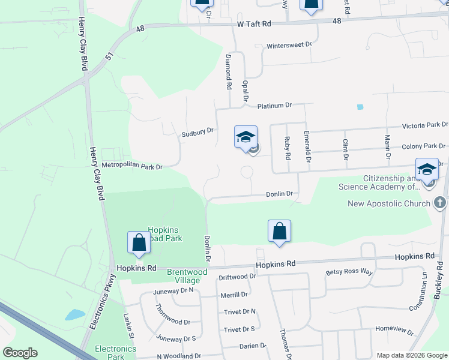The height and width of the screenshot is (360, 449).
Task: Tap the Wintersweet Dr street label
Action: click(x=289, y=45)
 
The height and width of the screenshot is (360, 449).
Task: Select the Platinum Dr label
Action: click(x=274, y=106)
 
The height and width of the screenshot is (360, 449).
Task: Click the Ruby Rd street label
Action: click(x=288, y=148)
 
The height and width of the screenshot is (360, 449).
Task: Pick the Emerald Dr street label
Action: click(x=307, y=148)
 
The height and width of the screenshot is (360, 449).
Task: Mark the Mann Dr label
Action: click(x=388, y=148)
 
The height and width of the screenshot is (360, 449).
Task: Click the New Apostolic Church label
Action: click(x=389, y=203)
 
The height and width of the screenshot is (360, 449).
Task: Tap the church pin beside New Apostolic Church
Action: click(x=440, y=203)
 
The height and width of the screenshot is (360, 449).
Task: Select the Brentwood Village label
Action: click(x=187, y=275)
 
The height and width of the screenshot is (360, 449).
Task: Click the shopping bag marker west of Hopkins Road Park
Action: click(x=139, y=242)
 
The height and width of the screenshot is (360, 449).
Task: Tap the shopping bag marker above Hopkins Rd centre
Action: click(x=279, y=231)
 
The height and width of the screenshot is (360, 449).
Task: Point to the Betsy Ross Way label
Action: click(x=349, y=272)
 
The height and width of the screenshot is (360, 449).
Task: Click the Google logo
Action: click(x=20, y=353)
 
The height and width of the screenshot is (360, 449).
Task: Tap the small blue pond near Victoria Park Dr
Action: click(x=360, y=107)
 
